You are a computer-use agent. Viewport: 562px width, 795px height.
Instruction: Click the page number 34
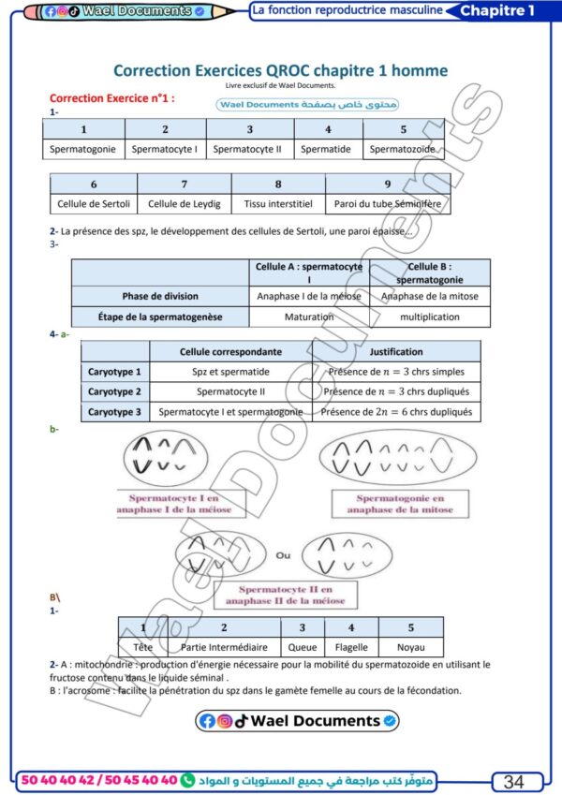[x=514, y=782]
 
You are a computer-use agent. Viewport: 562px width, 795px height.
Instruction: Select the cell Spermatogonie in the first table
[x=83, y=149]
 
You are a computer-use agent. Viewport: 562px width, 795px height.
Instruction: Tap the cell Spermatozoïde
[x=403, y=149]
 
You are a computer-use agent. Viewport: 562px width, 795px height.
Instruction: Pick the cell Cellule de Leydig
[x=184, y=203]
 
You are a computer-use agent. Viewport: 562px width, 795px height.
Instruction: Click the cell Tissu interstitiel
[x=277, y=203]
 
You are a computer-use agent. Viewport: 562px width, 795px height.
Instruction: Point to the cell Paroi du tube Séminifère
[x=387, y=203]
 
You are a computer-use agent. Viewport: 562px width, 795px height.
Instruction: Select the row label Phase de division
[x=160, y=296]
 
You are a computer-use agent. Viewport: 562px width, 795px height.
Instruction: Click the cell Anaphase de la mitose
[x=430, y=296]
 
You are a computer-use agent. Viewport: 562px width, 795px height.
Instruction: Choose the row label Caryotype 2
[x=114, y=391]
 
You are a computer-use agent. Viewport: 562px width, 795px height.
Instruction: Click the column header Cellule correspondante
[x=230, y=352]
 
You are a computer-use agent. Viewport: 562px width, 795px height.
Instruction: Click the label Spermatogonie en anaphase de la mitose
[x=400, y=505]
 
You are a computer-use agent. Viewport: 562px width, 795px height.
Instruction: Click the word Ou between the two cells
[x=283, y=555]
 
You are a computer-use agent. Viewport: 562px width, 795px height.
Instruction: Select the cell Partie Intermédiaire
[x=223, y=647]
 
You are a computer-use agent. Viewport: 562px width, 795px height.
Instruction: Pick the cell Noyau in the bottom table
[x=410, y=647]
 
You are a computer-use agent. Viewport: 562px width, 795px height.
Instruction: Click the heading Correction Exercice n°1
[x=112, y=97]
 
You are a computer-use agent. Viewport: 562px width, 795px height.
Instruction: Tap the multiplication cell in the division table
[x=430, y=317]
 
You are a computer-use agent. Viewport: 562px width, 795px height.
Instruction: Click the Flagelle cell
[x=351, y=647]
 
